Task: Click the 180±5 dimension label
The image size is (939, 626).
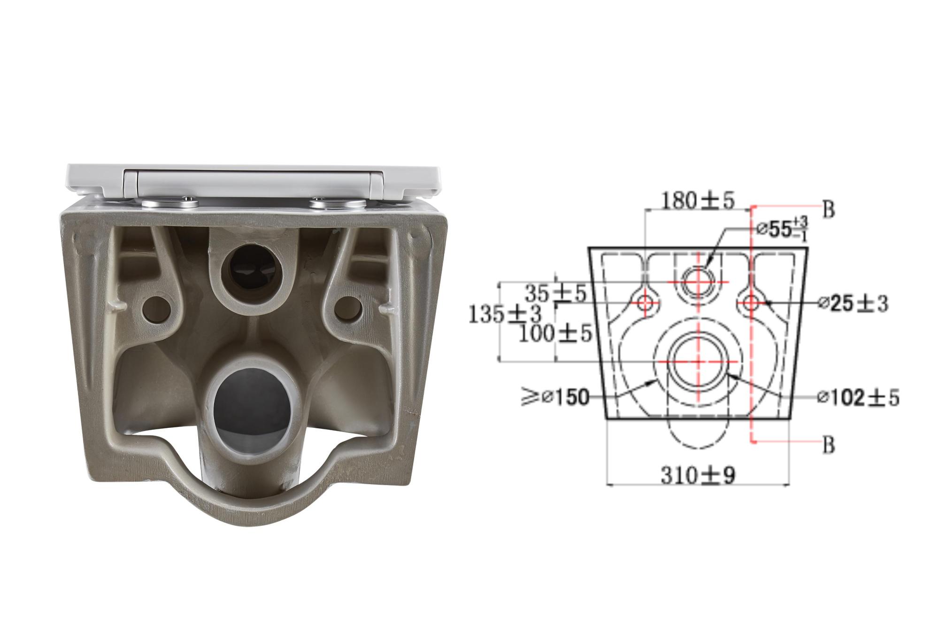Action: coord(697,201)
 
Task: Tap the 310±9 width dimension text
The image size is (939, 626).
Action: coord(698,476)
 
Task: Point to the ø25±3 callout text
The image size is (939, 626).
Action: coord(853,304)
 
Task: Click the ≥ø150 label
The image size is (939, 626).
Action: coord(555,397)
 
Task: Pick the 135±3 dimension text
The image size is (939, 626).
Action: coord(505,314)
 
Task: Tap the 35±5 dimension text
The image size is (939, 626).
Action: coord(555,294)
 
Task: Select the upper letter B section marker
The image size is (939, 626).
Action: coord(829,210)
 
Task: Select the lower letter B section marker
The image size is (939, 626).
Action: coord(829,444)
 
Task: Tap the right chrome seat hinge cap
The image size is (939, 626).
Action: coord(338,203)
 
